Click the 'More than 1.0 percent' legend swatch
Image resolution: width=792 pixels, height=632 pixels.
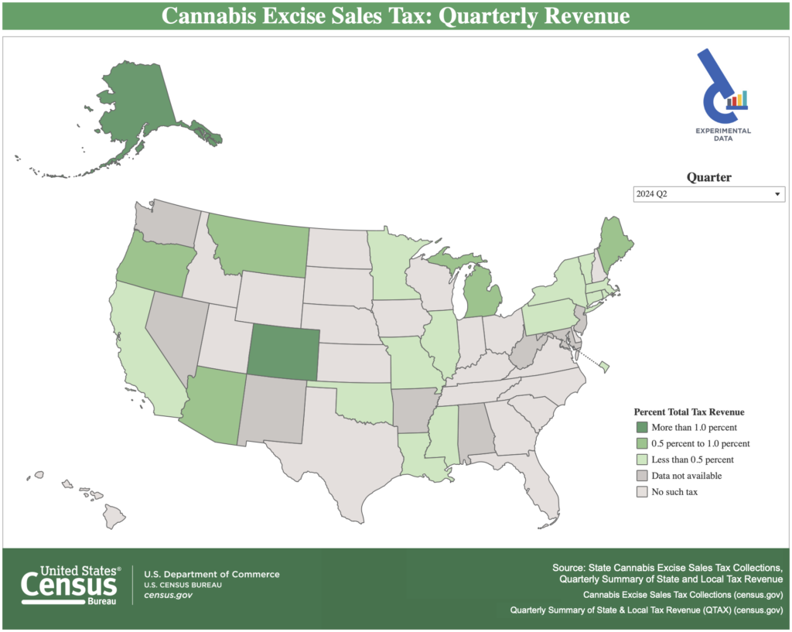tap(641, 427)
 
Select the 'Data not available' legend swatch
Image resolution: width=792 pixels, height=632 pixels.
tap(641, 475)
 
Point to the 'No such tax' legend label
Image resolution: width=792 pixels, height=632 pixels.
tap(674, 491)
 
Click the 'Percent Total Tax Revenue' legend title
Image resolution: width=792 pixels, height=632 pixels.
tap(689, 412)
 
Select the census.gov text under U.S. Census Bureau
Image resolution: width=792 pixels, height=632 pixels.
tap(168, 595)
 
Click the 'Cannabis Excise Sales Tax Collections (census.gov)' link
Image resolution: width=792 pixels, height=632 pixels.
tap(683, 595)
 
